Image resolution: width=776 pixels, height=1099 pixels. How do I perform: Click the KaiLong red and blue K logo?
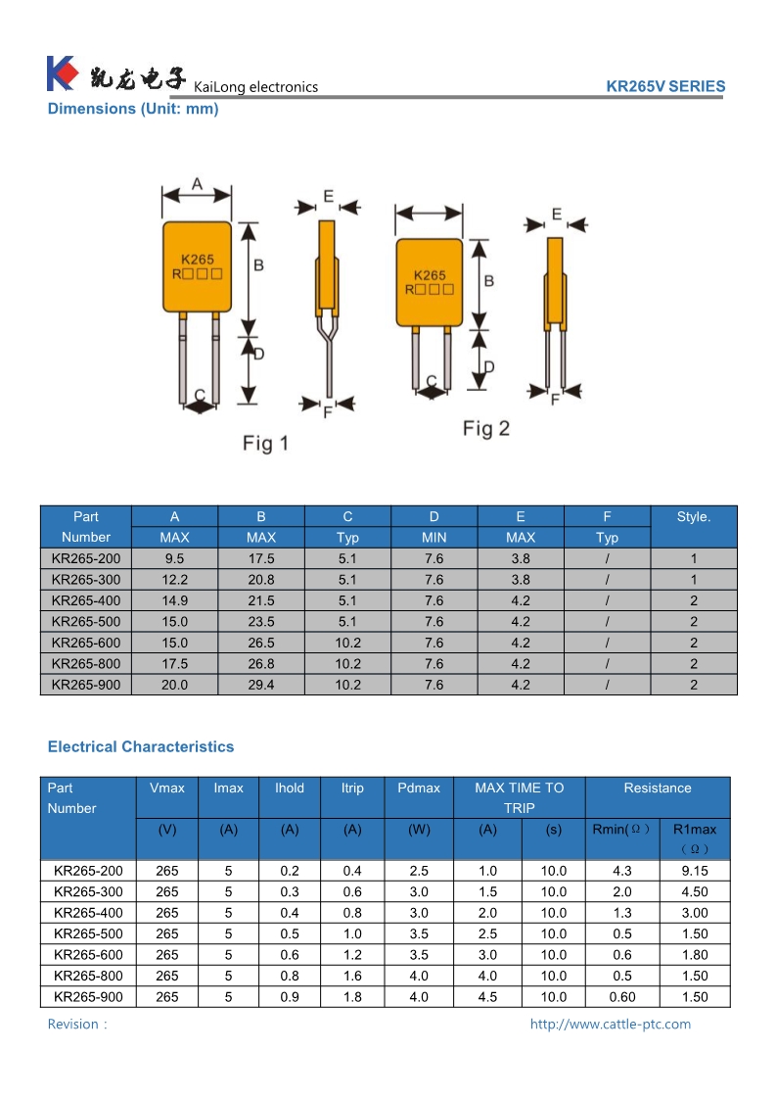[x=62, y=72]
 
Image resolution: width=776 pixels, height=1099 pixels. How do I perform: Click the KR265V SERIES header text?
[x=665, y=86]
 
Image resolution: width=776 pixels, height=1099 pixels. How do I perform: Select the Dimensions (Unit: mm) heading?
[x=133, y=109]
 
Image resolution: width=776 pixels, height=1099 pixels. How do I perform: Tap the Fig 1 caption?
[x=265, y=444]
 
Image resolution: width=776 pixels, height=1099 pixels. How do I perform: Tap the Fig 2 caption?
[x=486, y=428]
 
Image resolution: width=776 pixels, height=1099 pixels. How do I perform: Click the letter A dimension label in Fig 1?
[x=197, y=184]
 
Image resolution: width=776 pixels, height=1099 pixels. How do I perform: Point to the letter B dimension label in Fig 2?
[x=488, y=281]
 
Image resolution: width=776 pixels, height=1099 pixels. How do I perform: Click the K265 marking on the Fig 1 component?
[x=198, y=260]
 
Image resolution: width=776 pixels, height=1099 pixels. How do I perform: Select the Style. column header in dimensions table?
[x=693, y=517]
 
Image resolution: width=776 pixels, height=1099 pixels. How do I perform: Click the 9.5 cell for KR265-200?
[x=174, y=558]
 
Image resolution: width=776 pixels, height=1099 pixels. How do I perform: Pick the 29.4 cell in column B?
[x=261, y=685]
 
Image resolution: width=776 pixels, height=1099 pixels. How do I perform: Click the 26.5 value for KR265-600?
[x=261, y=643]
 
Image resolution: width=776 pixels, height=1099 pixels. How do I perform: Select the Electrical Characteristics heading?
[x=141, y=746]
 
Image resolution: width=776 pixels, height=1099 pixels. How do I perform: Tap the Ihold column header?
[x=290, y=788]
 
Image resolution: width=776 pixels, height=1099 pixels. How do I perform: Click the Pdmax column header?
[x=419, y=788]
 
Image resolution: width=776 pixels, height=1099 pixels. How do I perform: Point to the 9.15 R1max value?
[x=695, y=871]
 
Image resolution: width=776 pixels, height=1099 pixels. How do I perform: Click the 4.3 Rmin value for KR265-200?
[x=621, y=871]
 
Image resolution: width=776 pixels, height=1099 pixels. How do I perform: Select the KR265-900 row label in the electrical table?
[x=89, y=997]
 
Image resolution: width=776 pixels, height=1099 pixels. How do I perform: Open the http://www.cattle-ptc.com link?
[x=610, y=1024]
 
